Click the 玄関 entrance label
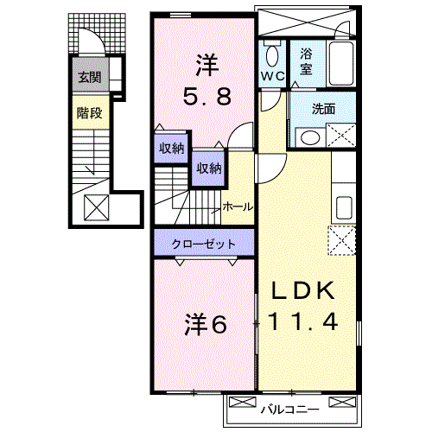[x=89, y=78]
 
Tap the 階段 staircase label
[x=89, y=112]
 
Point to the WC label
[x=272, y=77]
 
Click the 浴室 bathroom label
[x=307, y=61]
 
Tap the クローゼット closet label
[x=205, y=244]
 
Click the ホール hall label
[x=238, y=206]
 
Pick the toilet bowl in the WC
[x=273, y=57]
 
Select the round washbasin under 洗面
[x=305, y=137]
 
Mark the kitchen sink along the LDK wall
[x=343, y=207]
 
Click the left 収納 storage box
[x=171, y=148]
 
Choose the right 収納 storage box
[x=207, y=168]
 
